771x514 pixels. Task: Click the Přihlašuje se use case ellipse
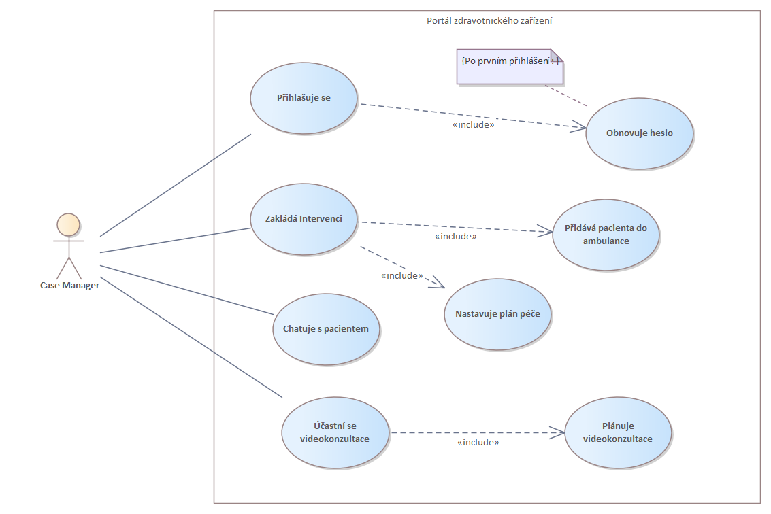pyautogui.click(x=304, y=97)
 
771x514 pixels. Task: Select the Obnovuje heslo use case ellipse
pyautogui.click(x=639, y=133)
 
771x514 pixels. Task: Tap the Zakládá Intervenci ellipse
pyautogui.click(x=304, y=219)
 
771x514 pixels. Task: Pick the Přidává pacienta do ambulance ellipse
pyautogui.click(x=606, y=235)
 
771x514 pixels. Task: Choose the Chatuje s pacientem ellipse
pyautogui.click(x=325, y=329)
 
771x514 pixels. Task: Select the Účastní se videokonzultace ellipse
pyautogui.click(x=335, y=432)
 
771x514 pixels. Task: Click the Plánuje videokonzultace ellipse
pyautogui.click(x=617, y=432)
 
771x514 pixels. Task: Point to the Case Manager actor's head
pyautogui.click(x=68, y=224)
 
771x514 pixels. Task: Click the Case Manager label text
pyautogui.click(x=69, y=286)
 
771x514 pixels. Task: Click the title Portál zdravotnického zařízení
pyautogui.click(x=489, y=20)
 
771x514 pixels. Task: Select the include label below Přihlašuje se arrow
pyautogui.click(x=473, y=125)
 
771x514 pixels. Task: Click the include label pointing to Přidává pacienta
pyautogui.click(x=455, y=237)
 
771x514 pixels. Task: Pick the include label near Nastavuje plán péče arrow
pyautogui.click(x=402, y=276)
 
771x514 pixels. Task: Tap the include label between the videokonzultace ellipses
pyautogui.click(x=478, y=443)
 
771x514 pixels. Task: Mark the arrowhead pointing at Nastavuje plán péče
pyautogui.click(x=438, y=285)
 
